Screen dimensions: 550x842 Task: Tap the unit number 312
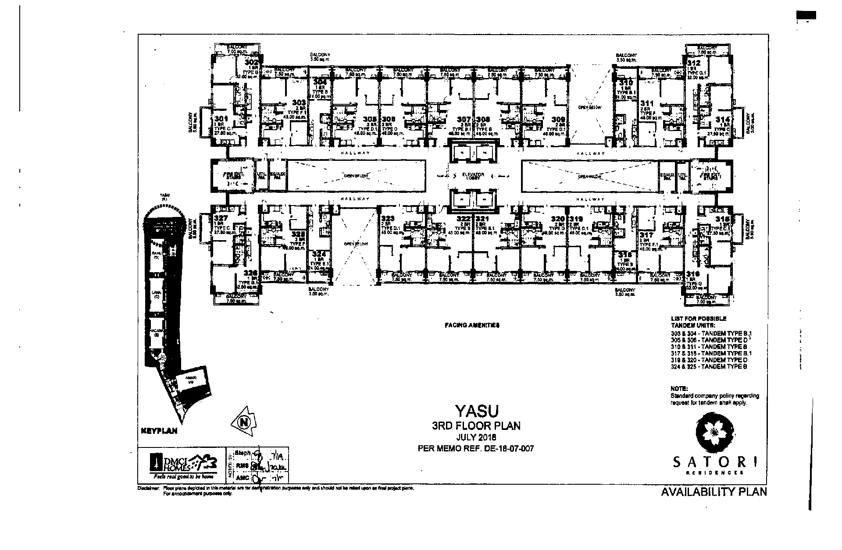click(694, 63)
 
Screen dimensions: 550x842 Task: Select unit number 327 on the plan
click(220, 218)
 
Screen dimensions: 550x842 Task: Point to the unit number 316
click(693, 273)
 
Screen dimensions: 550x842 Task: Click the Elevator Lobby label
click(473, 175)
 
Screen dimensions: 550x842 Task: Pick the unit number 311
click(647, 103)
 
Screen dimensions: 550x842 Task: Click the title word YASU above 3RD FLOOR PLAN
click(477, 411)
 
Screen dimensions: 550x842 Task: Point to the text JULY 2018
click(476, 437)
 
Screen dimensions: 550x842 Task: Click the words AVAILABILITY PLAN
click(714, 491)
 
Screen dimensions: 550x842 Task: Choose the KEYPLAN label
click(159, 431)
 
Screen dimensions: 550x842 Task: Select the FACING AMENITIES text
click(472, 325)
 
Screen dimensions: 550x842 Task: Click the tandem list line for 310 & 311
click(709, 346)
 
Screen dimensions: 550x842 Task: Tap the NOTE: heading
click(679, 388)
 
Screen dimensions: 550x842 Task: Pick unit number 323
click(388, 218)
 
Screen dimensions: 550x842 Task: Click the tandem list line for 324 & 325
click(709, 366)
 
